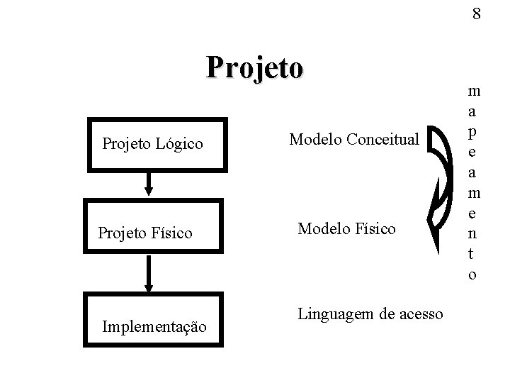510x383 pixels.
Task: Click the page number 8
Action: click(477, 14)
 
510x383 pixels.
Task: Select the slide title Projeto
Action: click(255, 68)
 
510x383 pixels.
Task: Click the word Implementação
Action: click(155, 327)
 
